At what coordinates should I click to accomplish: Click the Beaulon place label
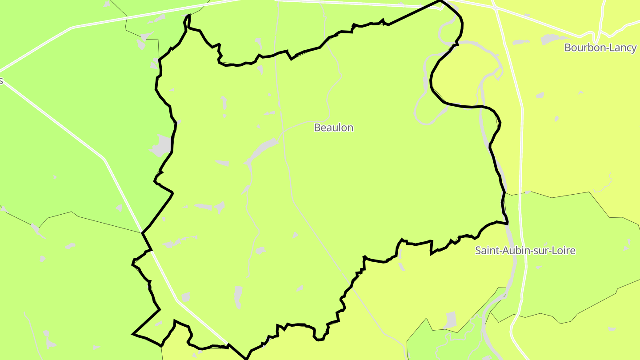pyautogui.click(x=333, y=128)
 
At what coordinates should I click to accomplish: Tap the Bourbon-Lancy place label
pyautogui.click(x=600, y=48)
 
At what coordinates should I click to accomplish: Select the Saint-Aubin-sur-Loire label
pyautogui.click(x=525, y=251)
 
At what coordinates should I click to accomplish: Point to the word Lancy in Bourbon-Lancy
pyautogui.click(x=622, y=48)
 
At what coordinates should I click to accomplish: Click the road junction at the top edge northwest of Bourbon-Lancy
pyautogui.click(x=494, y=7)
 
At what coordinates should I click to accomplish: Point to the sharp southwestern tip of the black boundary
pyautogui.click(x=133, y=334)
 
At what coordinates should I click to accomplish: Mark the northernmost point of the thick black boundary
pyautogui.click(x=440, y=1)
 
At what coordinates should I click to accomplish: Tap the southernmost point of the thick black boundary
pyautogui.click(x=246, y=358)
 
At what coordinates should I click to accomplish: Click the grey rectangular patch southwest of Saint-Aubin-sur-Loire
pyautogui.click(x=450, y=320)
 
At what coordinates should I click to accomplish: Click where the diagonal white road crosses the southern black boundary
pyautogui.click(x=228, y=344)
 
